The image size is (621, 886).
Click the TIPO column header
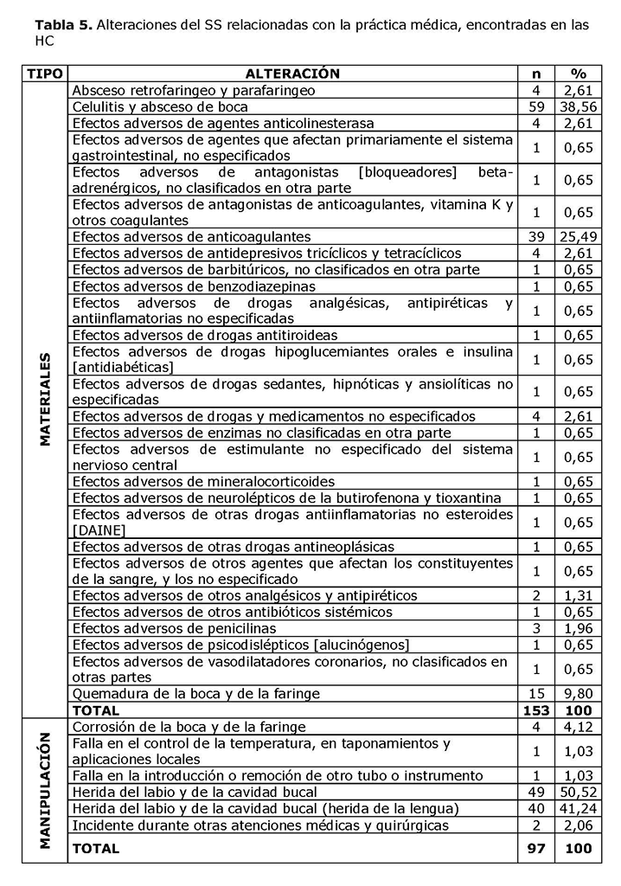pyautogui.click(x=45, y=74)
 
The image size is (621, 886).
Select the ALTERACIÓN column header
pyautogui.click(x=292, y=74)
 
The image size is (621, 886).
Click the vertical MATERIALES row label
pyautogui.click(x=45, y=399)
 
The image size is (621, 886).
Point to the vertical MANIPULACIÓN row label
pyautogui.click(x=45, y=791)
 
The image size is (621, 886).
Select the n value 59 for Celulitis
pyautogui.click(x=536, y=106)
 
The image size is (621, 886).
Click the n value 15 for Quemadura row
pyautogui.click(x=536, y=693)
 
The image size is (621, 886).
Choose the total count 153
pyautogui.click(x=536, y=710)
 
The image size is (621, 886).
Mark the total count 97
pyautogui.click(x=536, y=850)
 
